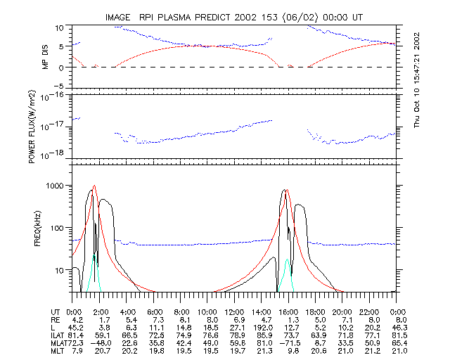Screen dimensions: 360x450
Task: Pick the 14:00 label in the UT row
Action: coord(262,311)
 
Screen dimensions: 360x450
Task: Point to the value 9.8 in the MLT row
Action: coord(292,352)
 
